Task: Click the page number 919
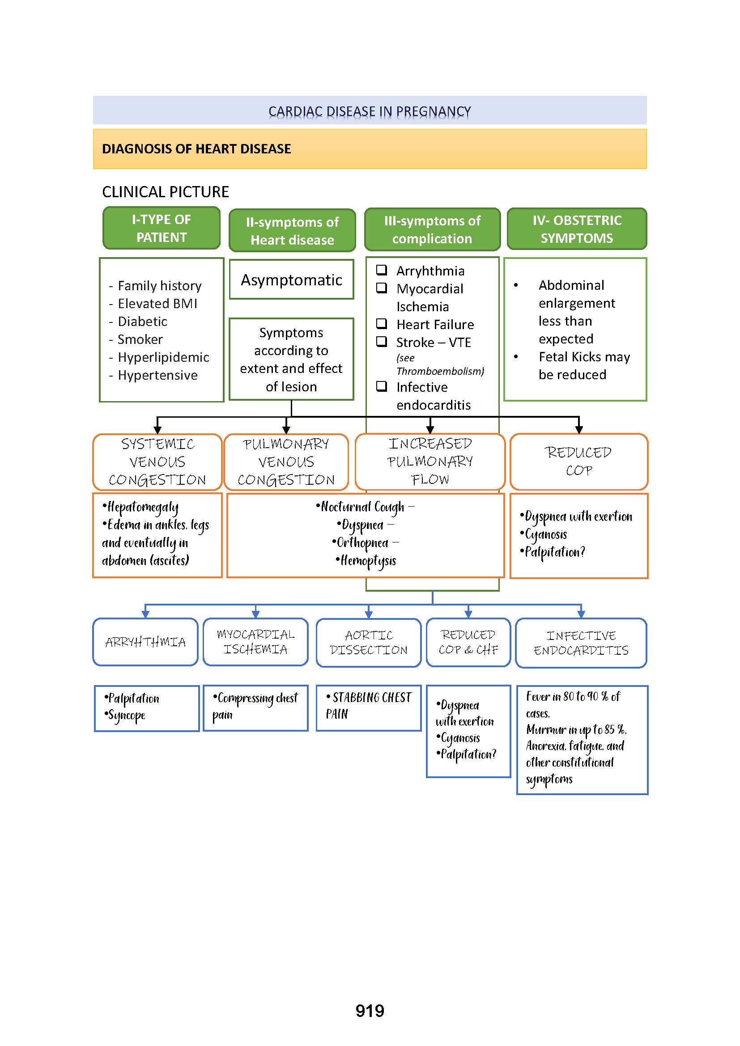(370, 1011)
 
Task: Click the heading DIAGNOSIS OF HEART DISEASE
(196, 149)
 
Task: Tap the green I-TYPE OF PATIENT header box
(162, 228)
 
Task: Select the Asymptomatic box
(291, 279)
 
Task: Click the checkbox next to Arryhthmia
(381, 270)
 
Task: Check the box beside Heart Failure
(381, 324)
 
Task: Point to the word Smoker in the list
(140, 339)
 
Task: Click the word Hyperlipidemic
(163, 357)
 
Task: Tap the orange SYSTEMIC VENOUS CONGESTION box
(157, 462)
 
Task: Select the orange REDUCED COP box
(578, 462)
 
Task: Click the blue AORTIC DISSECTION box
(368, 642)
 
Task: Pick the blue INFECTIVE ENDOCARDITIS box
(581, 643)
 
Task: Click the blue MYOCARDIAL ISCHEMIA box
(255, 641)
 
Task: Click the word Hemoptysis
(368, 561)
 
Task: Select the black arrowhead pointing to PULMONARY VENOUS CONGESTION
(286, 430)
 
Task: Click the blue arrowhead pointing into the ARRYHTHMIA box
(145, 614)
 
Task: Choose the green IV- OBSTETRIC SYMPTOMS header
(576, 229)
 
